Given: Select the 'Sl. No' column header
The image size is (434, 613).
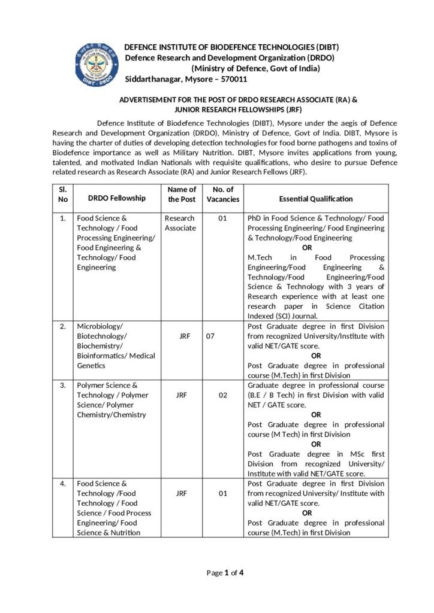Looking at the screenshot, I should tap(62, 194).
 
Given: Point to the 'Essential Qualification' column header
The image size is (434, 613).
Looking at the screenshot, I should tap(316, 199).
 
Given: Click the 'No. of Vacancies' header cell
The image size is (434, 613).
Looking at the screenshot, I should tap(222, 194).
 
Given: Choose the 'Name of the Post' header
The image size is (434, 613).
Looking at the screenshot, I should tap(182, 194).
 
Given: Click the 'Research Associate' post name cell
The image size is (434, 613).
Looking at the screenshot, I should tap(180, 223).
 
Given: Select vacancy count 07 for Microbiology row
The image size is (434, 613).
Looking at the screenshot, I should tap(210, 336).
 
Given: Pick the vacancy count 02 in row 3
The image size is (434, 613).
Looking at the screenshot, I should tap(222, 395).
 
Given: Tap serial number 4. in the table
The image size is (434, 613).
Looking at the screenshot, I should tap(62, 484).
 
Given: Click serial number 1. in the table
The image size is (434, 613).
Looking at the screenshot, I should tap(62, 219).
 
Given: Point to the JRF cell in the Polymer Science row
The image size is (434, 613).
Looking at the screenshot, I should tap(184, 395).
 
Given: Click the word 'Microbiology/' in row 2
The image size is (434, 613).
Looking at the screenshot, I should tap(100, 326).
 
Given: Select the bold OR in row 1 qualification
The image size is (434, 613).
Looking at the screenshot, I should tap(307, 247).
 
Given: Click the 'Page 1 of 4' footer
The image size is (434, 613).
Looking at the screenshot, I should tap(225, 573).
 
